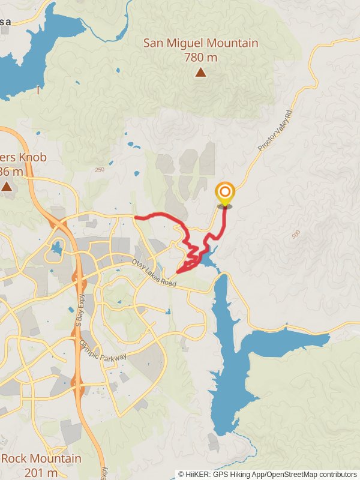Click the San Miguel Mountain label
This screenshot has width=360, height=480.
tap(200, 43)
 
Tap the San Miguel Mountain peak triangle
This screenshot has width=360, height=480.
tap(200, 73)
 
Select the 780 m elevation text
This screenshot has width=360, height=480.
tap(200, 58)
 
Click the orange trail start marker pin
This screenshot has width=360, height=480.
tap(225, 194)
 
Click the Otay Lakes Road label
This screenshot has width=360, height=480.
tap(154, 274)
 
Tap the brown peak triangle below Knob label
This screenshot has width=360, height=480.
tap(7, 187)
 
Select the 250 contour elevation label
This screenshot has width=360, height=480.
tap(99, 170)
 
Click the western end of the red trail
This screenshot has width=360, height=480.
tap(136, 217)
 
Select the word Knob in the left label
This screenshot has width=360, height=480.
tap(18, 158)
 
